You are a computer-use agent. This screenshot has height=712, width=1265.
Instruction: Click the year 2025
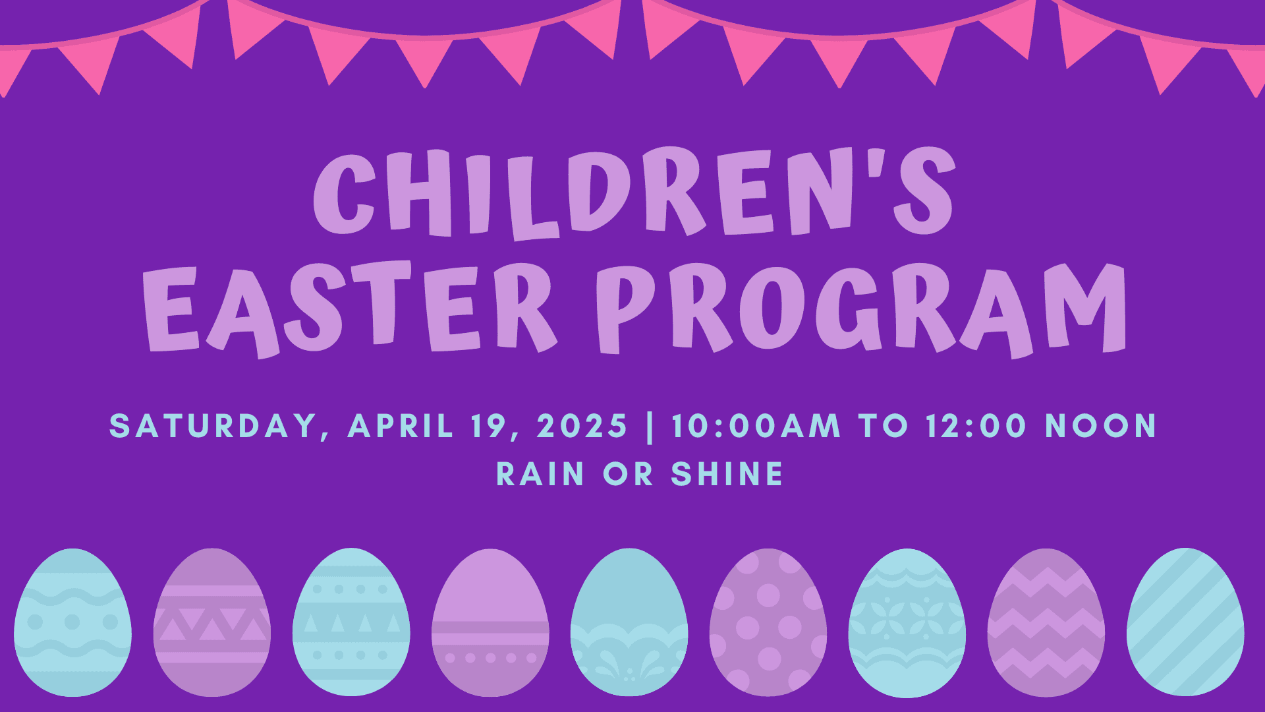[582, 426]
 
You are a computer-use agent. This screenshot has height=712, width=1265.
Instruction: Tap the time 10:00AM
[756, 426]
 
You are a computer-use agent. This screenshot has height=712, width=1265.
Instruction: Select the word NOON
[1101, 426]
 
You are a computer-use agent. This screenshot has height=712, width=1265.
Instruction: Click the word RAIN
[540, 474]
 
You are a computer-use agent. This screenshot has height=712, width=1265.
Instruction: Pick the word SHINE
[727, 474]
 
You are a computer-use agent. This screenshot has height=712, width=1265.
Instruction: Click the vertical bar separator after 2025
[650, 426]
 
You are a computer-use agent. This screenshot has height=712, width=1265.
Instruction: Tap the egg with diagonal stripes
[1185, 622]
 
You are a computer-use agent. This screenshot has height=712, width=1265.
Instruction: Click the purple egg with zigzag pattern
[1046, 622]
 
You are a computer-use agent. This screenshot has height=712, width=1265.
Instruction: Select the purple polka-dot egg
[768, 622]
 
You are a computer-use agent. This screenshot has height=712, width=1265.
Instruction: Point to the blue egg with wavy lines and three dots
[72, 622]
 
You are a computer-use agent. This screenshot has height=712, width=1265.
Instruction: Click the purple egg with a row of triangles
[211, 622]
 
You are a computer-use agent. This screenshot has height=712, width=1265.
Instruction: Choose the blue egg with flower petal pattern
[907, 622]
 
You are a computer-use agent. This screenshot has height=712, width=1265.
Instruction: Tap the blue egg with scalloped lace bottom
[629, 622]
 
